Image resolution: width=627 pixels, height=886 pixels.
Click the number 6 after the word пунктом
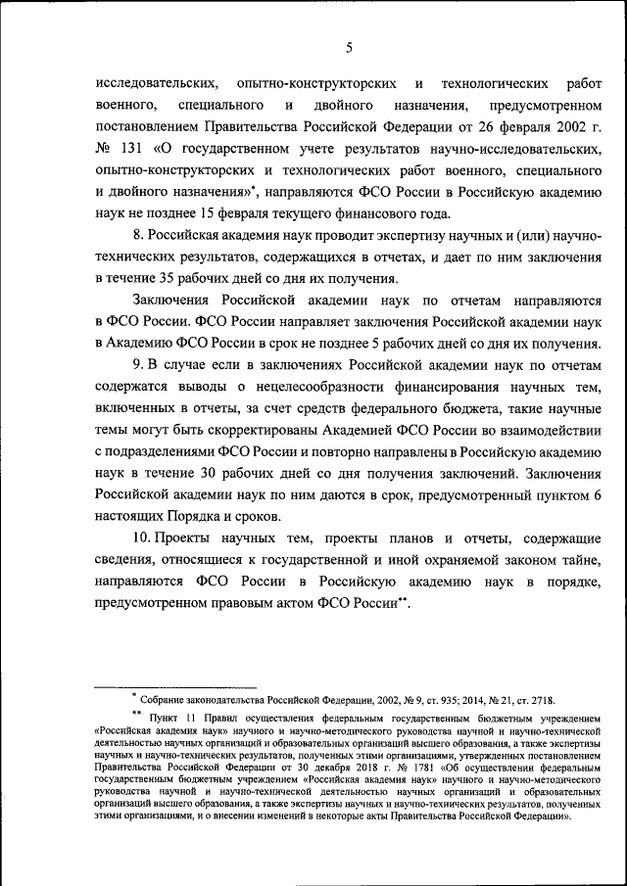click(x=597, y=495)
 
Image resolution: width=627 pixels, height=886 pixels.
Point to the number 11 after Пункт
click(x=184, y=719)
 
